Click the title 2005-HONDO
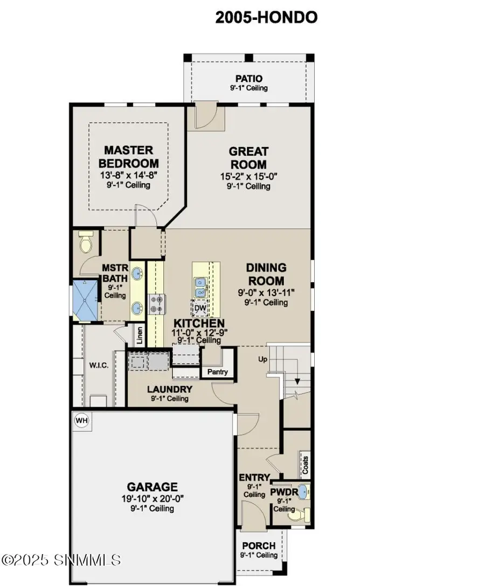pyautogui.click(x=266, y=17)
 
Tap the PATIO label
pyautogui.click(x=248, y=79)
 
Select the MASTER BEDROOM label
pyautogui.click(x=129, y=157)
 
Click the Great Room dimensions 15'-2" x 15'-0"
pyautogui.click(x=248, y=176)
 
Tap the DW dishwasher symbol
pyautogui.click(x=199, y=308)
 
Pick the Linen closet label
pyautogui.click(x=140, y=336)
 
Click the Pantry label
pyautogui.click(x=218, y=372)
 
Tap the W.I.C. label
pyautogui.click(x=99, y=366)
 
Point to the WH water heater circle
pyautogui.click(x=81, y=420)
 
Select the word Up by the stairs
pyautogui.click(x=262, y=359)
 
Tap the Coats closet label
pyautogui.click(x=306, y=463)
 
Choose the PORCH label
pyautogui.click(x=259, y=546)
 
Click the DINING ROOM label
pyautogui.click(x=266, y=274)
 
